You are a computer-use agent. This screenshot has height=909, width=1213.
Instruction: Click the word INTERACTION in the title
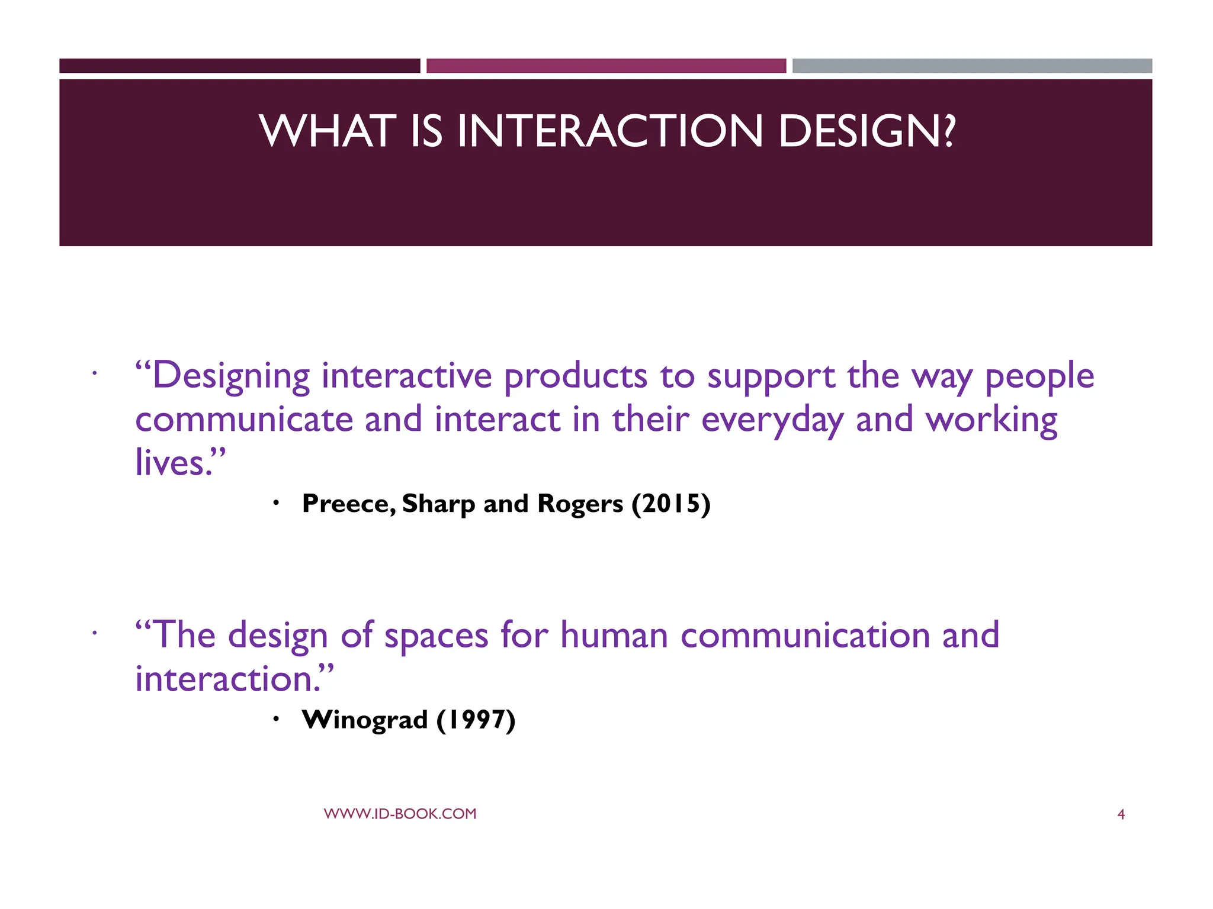pyautogui.click(x=610, y=131)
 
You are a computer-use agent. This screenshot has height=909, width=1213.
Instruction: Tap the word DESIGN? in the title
pyautogui.click(x=867, y=131)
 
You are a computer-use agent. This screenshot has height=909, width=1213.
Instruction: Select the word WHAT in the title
pyautogui.click(x=328, y=131)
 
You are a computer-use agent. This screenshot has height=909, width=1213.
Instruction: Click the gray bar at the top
pyautogui.click(x=972, y=66)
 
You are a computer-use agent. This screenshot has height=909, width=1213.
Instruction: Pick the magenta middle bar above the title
pyautogui.click(x=606, y=66)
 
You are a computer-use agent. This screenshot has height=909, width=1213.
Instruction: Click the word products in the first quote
pyautogui.click(x=575, y=377)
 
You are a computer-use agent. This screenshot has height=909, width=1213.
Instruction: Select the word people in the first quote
pyautogui.click(x=1039, y=377)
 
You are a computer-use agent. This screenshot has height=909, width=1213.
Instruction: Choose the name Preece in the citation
pyautogui.click(x=345, y=504)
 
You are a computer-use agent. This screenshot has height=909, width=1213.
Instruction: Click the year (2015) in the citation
pyautogui.click(x=670, y=504)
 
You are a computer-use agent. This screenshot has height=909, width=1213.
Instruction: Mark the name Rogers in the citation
pyautogui.click(x=580, y=504)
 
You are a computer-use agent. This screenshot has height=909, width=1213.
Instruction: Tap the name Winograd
pyautogui.click(x=364, y=720)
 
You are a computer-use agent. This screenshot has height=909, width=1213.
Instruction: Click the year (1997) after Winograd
pyautogui.click(x=476, y=720)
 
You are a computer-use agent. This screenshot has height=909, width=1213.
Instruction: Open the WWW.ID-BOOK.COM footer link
pyautogui.click(x=400, y=814)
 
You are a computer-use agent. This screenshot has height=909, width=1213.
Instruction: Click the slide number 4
pyautogui.click(x=1121, y=815)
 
